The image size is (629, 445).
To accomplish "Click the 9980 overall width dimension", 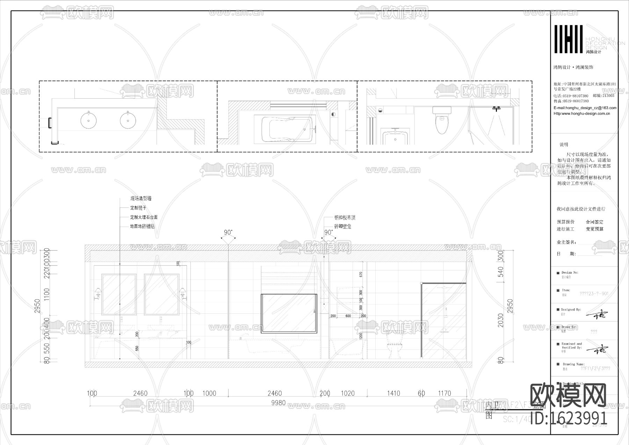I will tap(278, 403).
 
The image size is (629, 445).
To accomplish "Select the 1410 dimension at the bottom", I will tap(393, 394).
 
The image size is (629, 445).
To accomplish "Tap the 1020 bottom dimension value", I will tap(347, 394).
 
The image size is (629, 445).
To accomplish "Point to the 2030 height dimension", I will tap(501, 320).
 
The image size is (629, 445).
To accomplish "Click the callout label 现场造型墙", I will tap(141, 198).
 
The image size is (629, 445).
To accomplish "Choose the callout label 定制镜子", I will tap(138, 208).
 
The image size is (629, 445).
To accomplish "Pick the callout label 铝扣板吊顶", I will tap(345, 218).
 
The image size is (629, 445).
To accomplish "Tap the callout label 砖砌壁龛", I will tap(343, 227).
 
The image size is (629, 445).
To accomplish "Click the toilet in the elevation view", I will tap(394, 344).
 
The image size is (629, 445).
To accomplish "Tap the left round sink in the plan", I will tap(89, 120).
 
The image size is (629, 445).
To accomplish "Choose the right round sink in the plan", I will tap(128, 120).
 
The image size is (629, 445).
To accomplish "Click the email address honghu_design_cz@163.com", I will tap(585, 108).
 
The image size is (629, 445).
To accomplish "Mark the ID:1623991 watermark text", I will tap(569, 418).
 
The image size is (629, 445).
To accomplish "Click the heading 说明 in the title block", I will tap(564, 144).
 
